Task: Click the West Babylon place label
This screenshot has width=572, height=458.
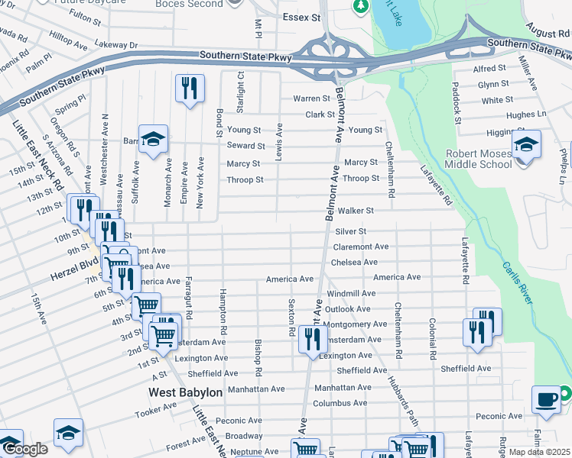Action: click(x=185, y=392)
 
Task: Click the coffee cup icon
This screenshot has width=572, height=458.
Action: click(x=546, y=400)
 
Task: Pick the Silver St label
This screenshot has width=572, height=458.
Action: click(x=351, y=231)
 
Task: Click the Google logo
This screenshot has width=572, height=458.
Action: click(x=24, y=450)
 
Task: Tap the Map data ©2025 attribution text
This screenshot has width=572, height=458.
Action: click(x=540, y=452)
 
